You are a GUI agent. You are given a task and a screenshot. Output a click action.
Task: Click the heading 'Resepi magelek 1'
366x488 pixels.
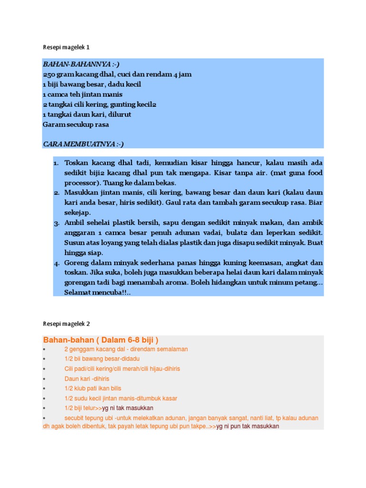tap(66, 48)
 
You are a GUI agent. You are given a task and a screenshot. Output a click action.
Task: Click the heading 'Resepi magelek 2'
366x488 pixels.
tap(66, 324)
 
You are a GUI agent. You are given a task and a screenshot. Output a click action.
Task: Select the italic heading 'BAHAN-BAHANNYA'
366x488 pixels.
tap(73, 64)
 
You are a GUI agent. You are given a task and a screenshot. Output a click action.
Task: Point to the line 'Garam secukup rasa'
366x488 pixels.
tap(76, 124)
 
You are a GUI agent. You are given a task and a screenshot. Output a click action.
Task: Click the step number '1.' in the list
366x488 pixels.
tap(55, 163)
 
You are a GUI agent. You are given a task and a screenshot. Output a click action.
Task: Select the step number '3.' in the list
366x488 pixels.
tap(55, 223)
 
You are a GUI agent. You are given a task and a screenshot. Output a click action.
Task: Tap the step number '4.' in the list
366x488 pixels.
tap(55, 263)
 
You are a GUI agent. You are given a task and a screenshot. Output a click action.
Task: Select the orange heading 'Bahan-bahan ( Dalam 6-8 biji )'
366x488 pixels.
tap(101, 340)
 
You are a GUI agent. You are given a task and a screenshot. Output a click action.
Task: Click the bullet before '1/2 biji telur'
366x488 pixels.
tap(44, 408)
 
